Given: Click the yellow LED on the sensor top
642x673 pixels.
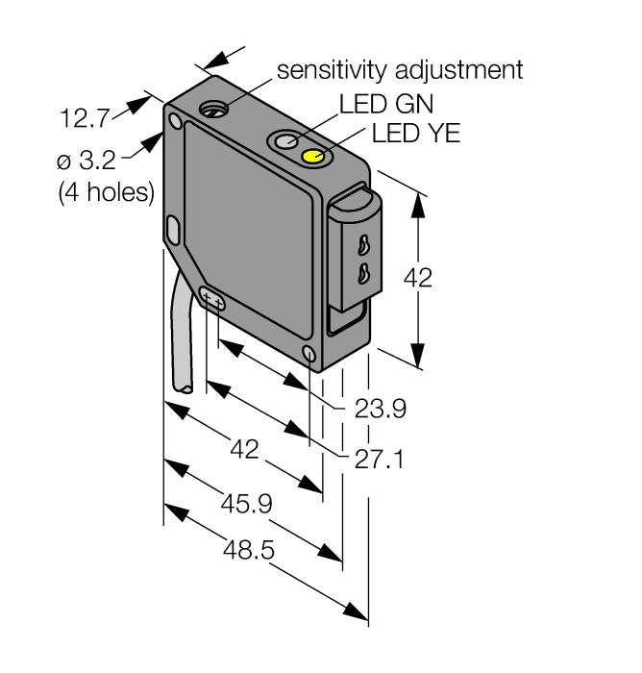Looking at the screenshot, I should pos(313,157).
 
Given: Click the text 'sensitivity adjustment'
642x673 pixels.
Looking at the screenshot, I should pos(400,70).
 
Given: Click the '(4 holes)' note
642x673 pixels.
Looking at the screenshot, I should pos(106,191).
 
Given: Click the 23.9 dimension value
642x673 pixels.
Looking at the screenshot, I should pos(380,410).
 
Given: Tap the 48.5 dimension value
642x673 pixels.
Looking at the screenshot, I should pos(249,551).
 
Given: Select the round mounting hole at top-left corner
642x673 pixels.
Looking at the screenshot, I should pos(175,122).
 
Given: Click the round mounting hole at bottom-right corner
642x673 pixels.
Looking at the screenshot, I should pos(309,355).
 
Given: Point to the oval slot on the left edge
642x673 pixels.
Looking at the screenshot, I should pos(172,230).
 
